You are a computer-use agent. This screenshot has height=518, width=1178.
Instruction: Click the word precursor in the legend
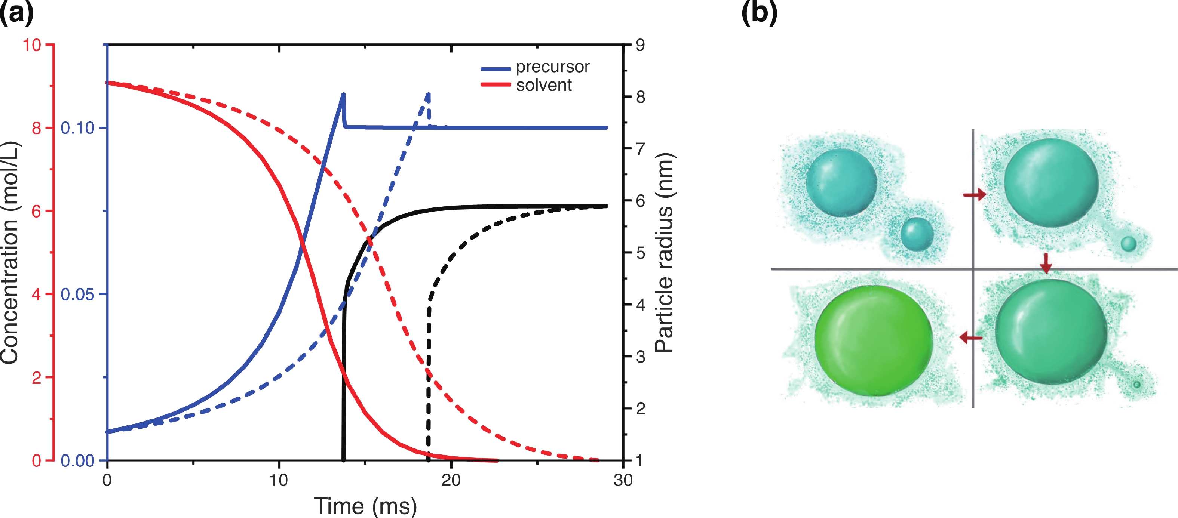tap(552, 67)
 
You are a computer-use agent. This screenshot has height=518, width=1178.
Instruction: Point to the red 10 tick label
tap(32, 45)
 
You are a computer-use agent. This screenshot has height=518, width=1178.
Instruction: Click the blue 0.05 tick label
tap(78, 295)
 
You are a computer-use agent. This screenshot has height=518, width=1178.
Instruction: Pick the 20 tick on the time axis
tap(451, 480)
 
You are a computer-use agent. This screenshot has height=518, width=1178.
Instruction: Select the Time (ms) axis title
tap(365, 506)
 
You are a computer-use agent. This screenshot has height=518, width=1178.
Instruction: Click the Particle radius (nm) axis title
tap(664, 252)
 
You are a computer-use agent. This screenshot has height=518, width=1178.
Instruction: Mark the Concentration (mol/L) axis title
tap(10, 252)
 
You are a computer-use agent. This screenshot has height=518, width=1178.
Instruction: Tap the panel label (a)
tap(16, 13)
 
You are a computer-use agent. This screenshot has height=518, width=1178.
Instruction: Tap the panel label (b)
tap(759, 13)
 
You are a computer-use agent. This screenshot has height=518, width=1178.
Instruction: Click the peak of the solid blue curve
tap(343, 95)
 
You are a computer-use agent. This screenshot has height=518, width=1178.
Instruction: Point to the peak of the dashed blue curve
tap(429, 95)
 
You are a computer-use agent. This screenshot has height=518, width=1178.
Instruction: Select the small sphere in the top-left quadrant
tap(917, 234)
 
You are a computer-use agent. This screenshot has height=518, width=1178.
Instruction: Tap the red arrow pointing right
tap(975, 195)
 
